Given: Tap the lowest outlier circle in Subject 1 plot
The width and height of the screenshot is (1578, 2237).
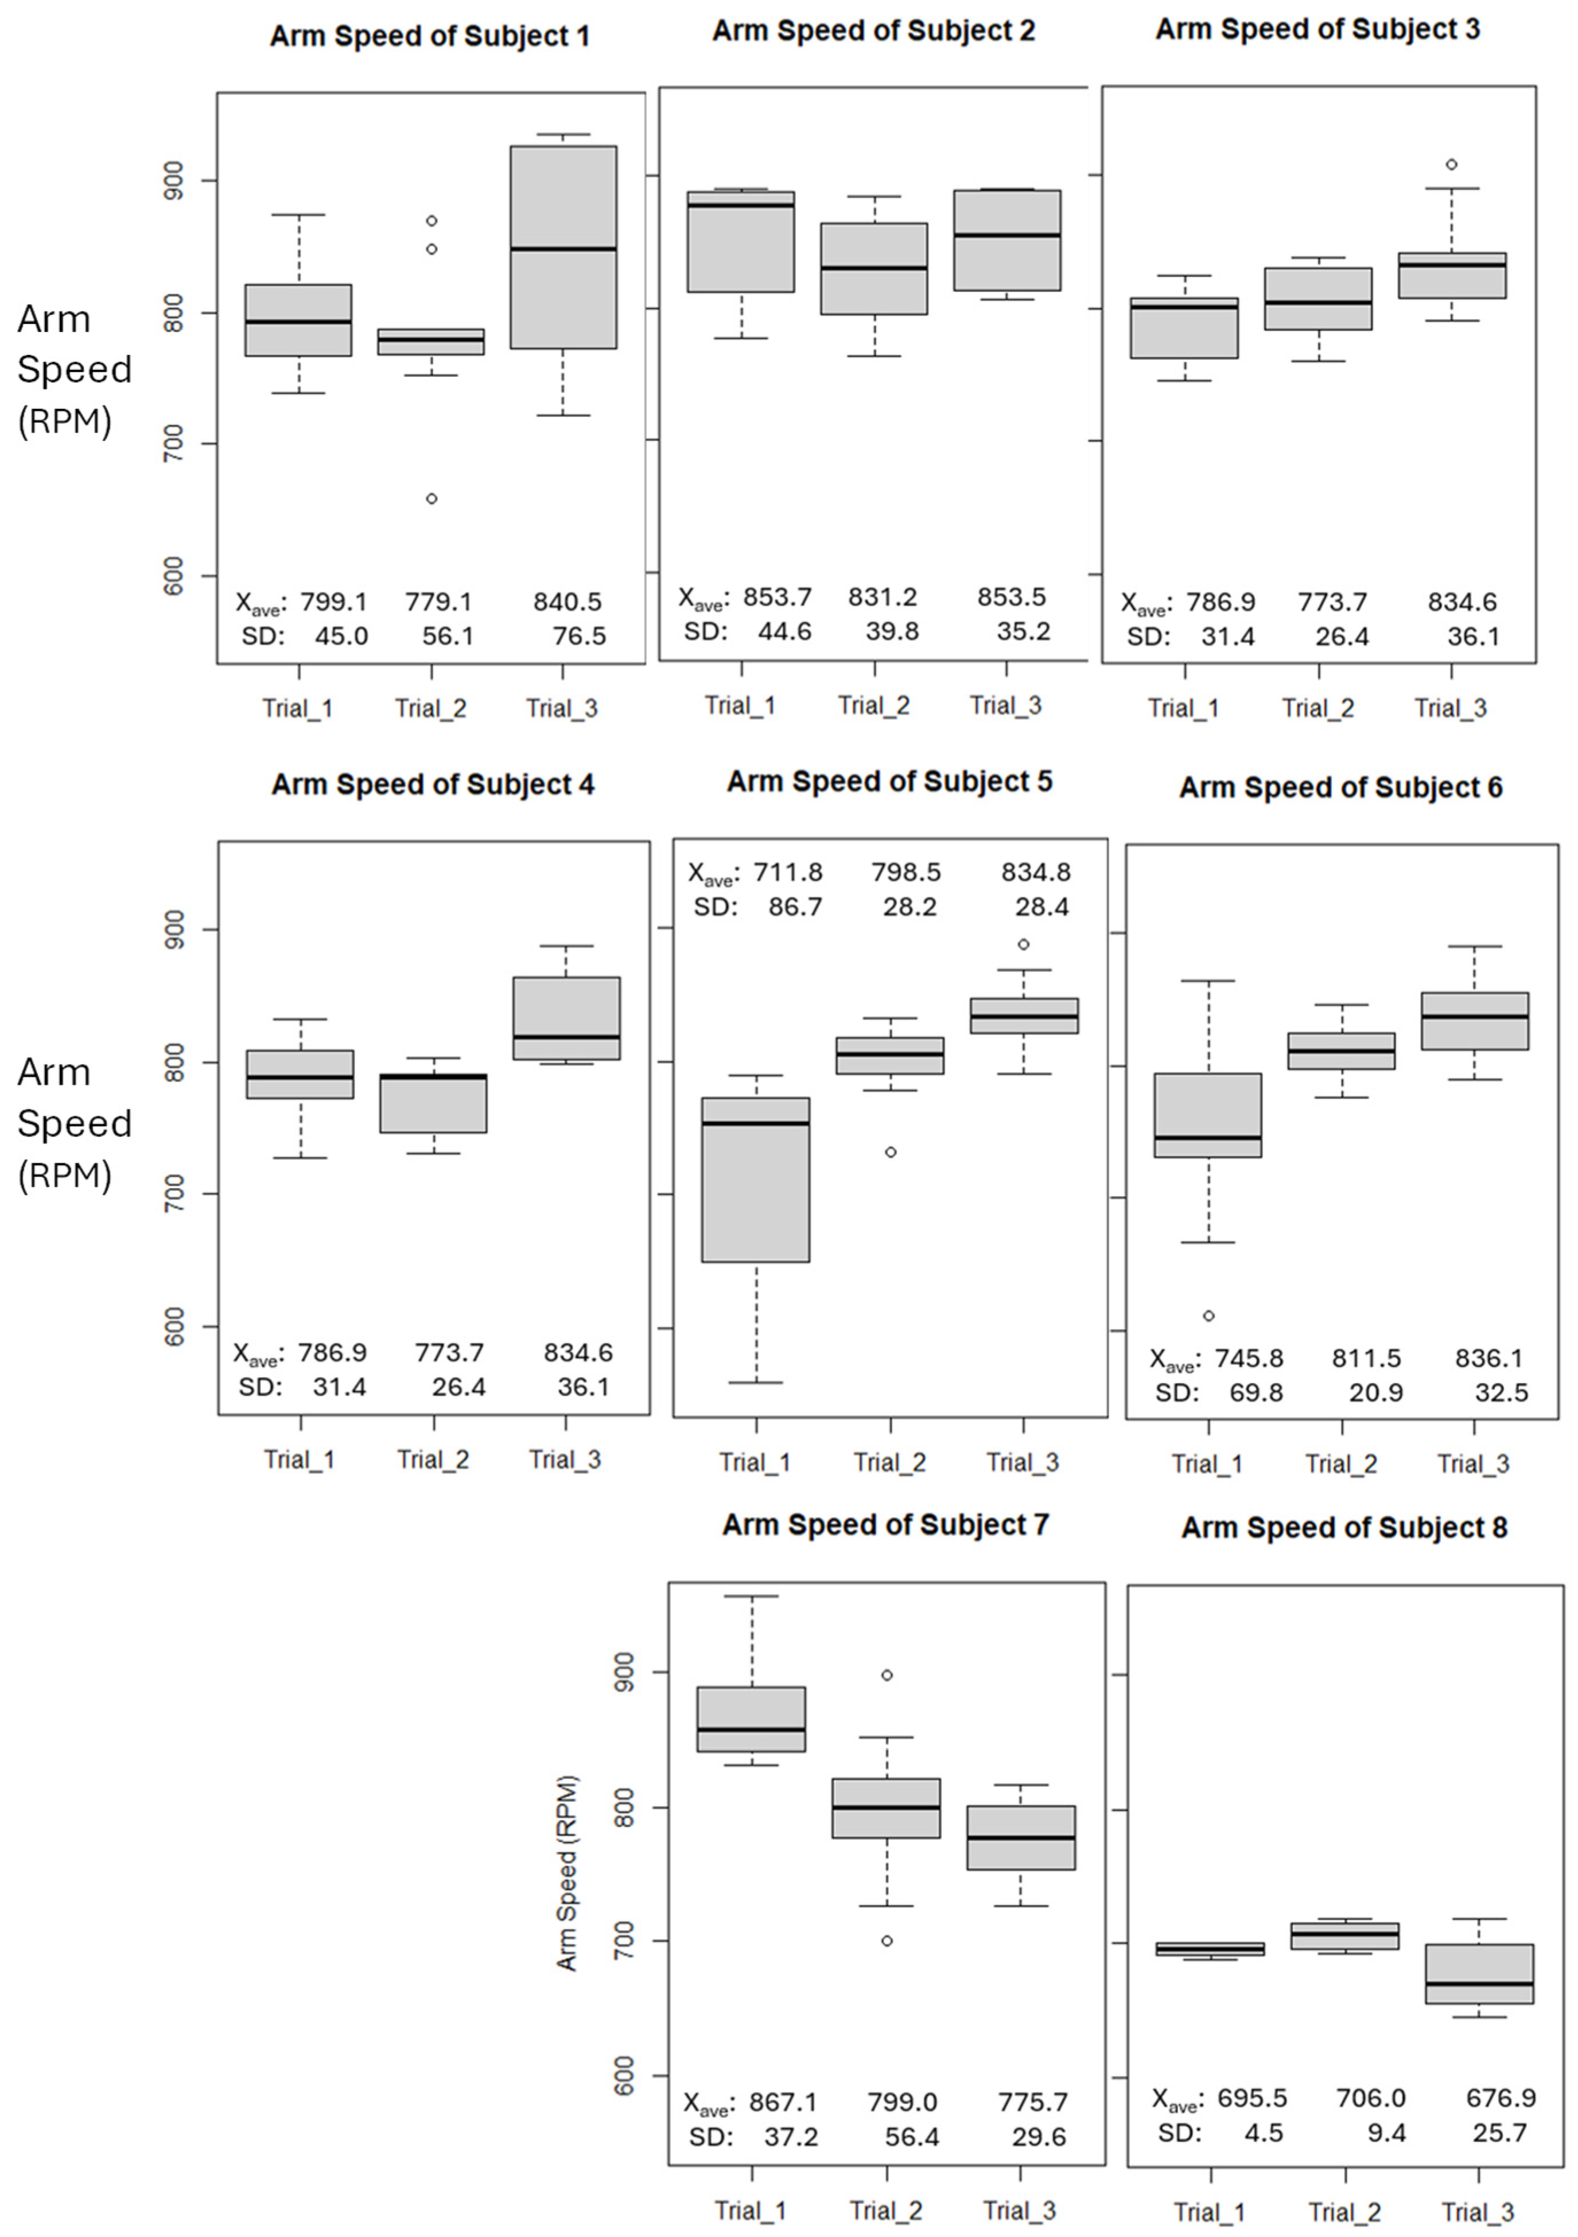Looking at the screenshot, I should (x=432, y=499).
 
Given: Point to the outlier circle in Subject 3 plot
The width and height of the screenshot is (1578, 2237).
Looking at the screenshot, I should (x=1451, y=165).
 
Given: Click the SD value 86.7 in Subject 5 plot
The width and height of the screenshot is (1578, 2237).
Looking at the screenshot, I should (x=795, y=907).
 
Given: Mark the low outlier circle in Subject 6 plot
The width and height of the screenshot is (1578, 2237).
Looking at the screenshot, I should (x=1208, y=1315).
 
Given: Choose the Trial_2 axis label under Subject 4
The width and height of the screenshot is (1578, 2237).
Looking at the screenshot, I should (x=433, y=1459).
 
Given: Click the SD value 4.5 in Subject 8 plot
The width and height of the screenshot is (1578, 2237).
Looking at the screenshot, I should (x=1263, y=2133).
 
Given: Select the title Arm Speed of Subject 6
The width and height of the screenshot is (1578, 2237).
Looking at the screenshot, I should (x=1340, y=787).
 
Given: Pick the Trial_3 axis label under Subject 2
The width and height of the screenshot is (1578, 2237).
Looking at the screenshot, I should (x=1006, y=705).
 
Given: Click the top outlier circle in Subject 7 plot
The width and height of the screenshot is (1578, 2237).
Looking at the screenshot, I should (x=887, y=1675).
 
